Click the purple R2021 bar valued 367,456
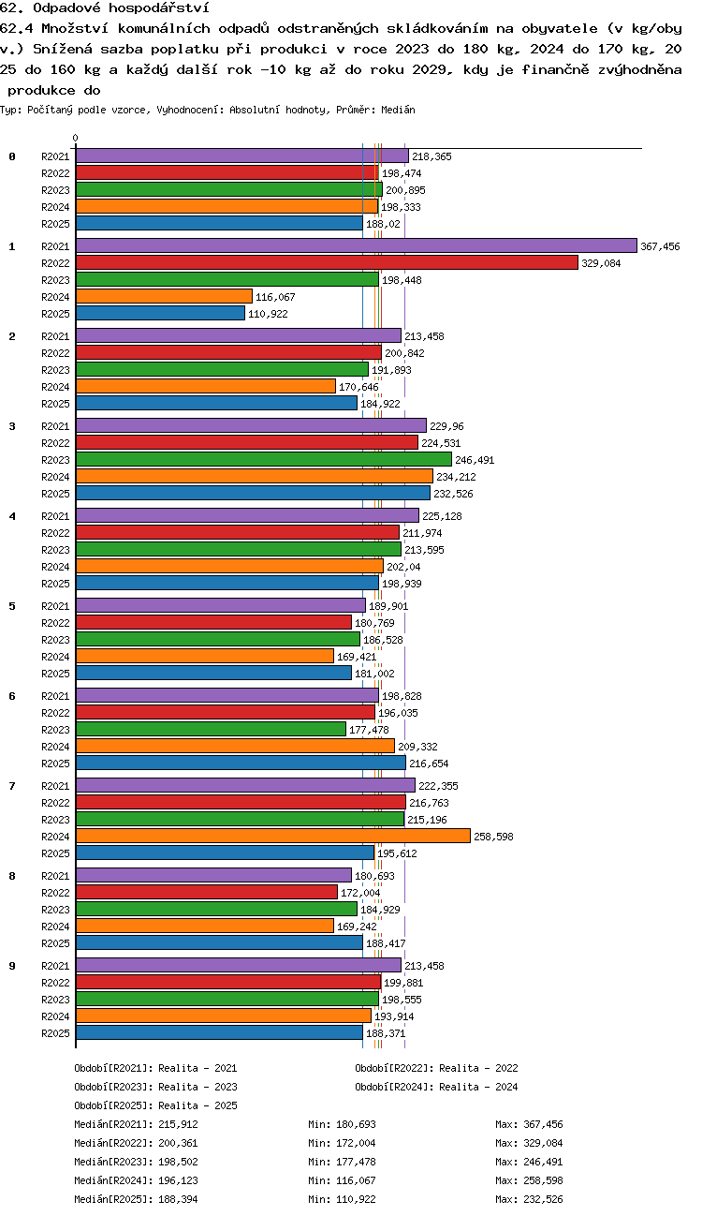click(x=357, y=245)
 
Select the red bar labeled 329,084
click(x=327, y=262)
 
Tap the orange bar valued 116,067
click(x=164, y=296)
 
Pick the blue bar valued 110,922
click(x=160, y=313)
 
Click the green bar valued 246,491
click(x=264, y=459)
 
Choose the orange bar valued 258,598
click(x=273, y=836)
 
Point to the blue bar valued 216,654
click(x=241, y=763)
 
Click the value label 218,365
click(x=431, y=156)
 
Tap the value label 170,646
click(x=358, y=387)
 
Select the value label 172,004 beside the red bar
click(x=360, y=893)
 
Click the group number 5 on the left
click(x=12, y=606)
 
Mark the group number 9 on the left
click(x=12, y=966)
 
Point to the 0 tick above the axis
click(x=76, y=138)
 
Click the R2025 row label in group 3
click(x=55, y=494)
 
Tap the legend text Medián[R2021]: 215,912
click(x=136, y=1124)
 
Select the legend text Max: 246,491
click(x=529, y=1162)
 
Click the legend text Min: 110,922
click(x=342, y=1199)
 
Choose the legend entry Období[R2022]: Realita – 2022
click(x=436, y=1068)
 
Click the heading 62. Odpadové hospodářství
click(x=105, y=7)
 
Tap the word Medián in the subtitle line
click(x=398, y=110)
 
